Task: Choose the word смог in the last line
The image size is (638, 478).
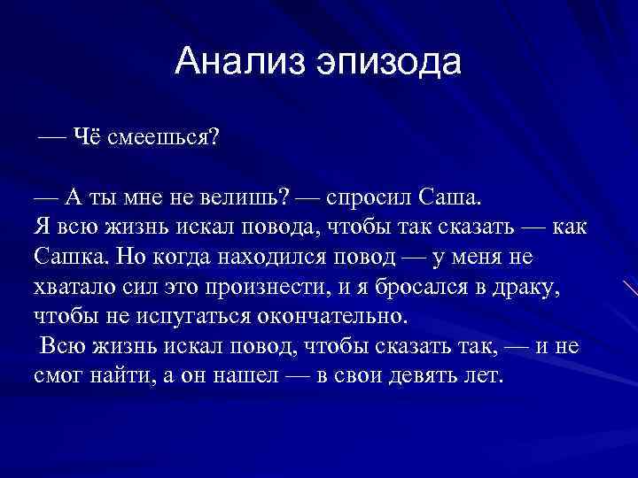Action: click(x=59, y=375)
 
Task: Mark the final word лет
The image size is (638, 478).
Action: click(x=486, y=375)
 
